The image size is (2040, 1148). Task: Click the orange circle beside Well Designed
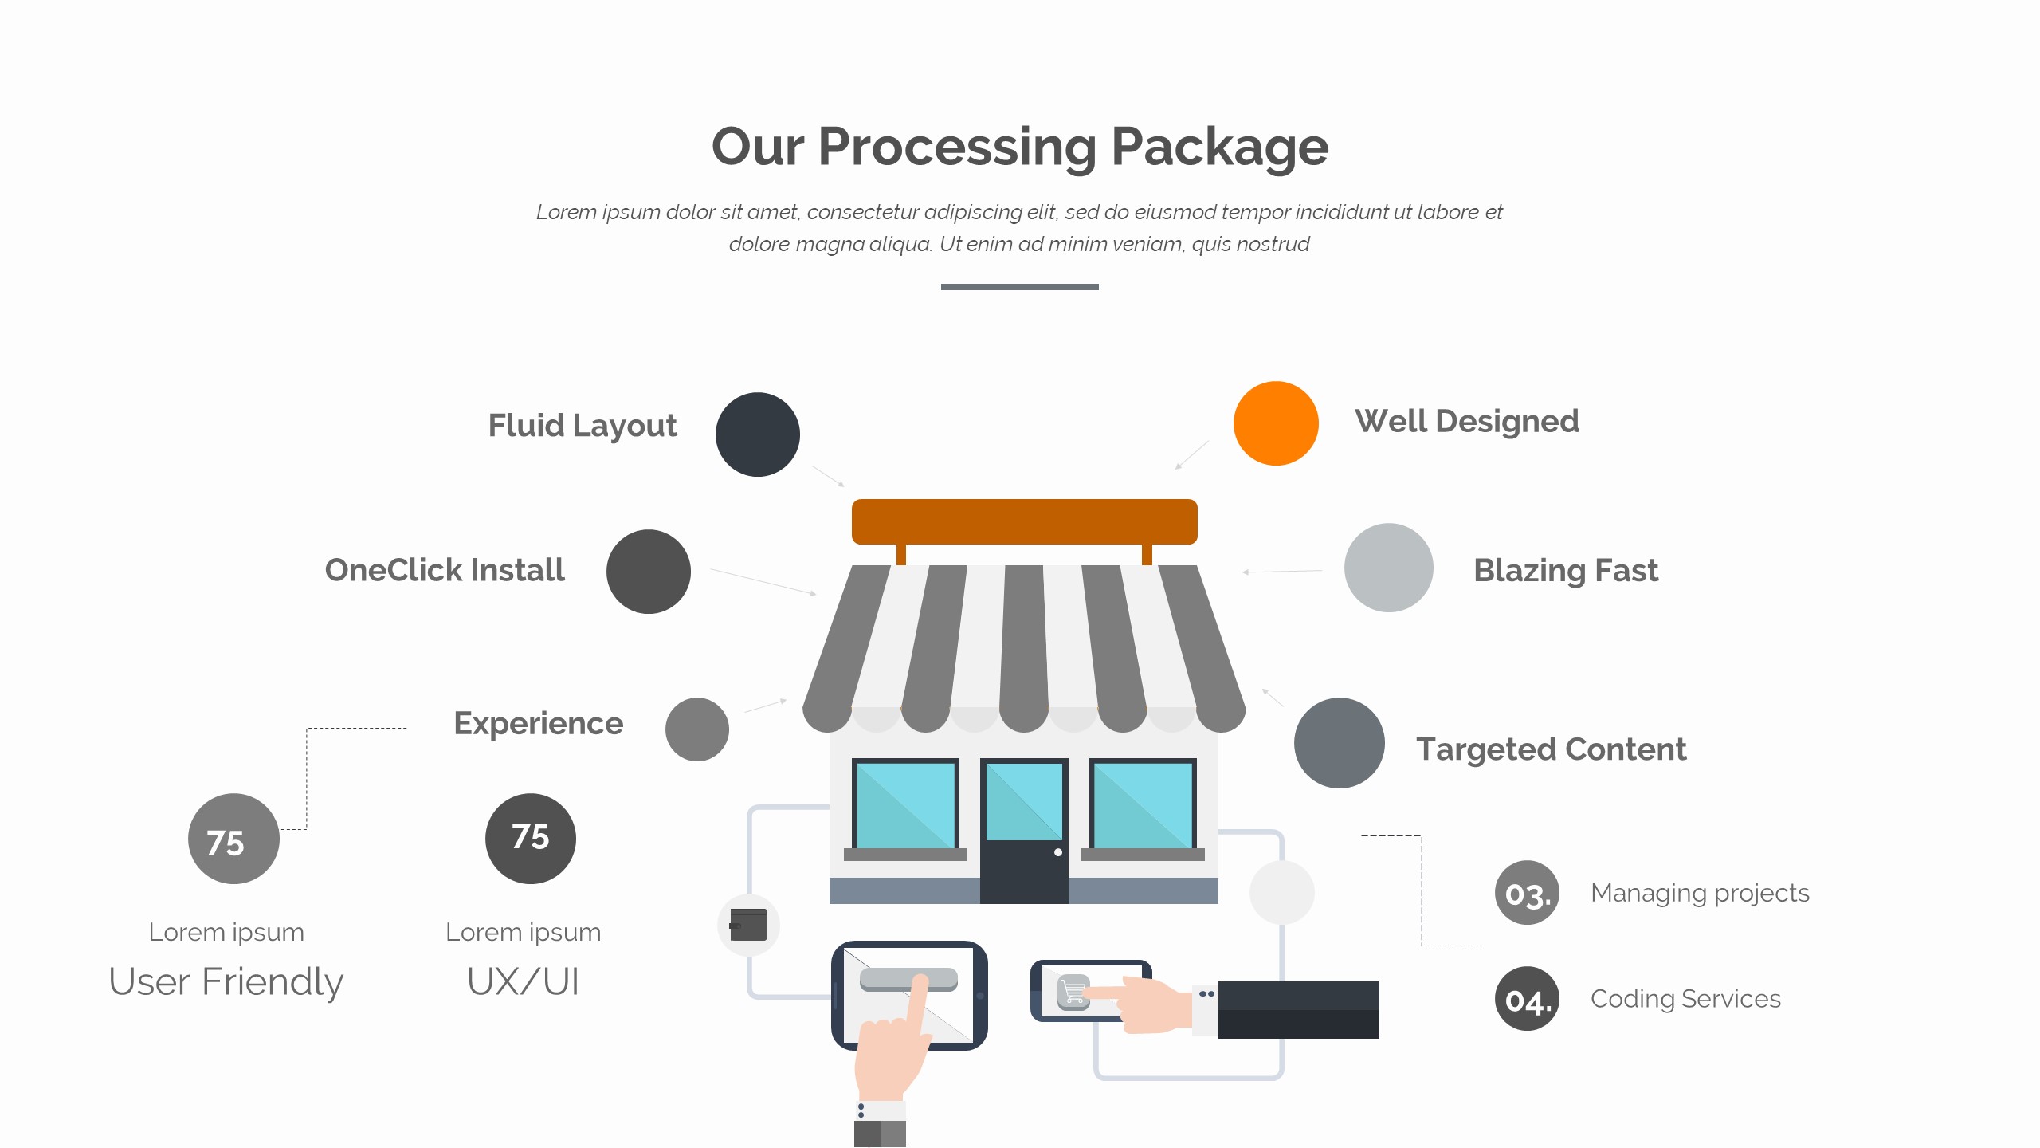[x=1276, y=423]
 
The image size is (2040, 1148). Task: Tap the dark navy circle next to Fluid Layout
[x=758, y=434]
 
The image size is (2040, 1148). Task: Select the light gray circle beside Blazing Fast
[x=1388, y=568]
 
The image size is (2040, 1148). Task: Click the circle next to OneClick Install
[x=649, y=572]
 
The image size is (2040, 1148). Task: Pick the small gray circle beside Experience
[x=697, y=729]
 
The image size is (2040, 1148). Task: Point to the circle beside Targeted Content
[x=1340, y=743]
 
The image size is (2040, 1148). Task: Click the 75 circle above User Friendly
[x=233, y=839]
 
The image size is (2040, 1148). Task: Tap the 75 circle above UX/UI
[x=531, y=839]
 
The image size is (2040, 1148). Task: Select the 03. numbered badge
[x=1527, y=893]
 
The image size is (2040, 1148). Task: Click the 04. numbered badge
[x=1527, y=999]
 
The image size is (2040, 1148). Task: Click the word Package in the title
[x=1219, y=147]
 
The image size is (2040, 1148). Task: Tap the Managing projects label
[x=1700, y=893]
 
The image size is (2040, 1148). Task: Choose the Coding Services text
[x=1685, y=999]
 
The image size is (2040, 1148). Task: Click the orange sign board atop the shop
[x=1025, y=522]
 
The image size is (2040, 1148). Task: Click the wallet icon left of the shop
[x=748, y=925]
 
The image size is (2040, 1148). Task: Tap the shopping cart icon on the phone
[x=1073, y=993]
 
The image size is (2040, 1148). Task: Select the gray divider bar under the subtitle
[x=1020, y=287]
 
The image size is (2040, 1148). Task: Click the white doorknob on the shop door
[x=1058, y=852]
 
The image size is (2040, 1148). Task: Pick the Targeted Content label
[x=1551, y=749]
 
